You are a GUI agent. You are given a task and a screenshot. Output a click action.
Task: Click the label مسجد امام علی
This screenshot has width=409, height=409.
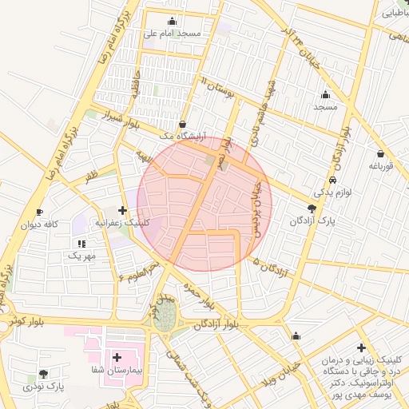pos(172,34)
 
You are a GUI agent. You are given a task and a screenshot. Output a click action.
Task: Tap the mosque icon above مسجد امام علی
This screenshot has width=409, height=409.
pos(172,22)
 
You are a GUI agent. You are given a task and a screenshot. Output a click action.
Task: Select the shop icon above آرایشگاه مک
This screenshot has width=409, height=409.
pos(185,124)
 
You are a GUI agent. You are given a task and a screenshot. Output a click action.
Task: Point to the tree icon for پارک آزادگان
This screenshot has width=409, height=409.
pos(323,206)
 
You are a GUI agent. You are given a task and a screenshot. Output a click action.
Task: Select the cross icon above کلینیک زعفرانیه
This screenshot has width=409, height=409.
pos(121,210)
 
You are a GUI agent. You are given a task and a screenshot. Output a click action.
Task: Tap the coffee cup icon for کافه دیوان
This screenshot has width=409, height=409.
pos(40,212)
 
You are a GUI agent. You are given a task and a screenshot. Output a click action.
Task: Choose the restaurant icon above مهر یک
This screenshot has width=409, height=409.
pos(81,243)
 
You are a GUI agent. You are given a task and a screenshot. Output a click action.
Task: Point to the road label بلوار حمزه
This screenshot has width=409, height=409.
pos(201,294)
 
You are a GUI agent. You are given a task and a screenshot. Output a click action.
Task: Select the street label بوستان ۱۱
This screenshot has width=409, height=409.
pos(220,89)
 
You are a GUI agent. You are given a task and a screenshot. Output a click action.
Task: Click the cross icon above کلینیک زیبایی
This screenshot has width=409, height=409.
pos(362,347)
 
